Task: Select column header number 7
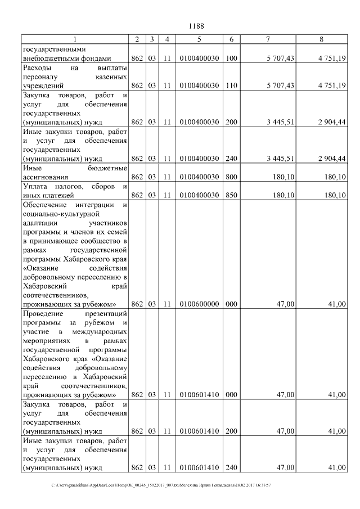click(x=268, y=39)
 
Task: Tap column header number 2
click(x=137, y=39)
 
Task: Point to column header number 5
click(x=199, y=39)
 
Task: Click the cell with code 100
click(x=231, y=58)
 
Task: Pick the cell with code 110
click(x=231, y=85)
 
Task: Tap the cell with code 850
click(x=231, y=195)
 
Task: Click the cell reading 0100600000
click(x=199, y=304)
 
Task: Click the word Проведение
click(x=45, y=313)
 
